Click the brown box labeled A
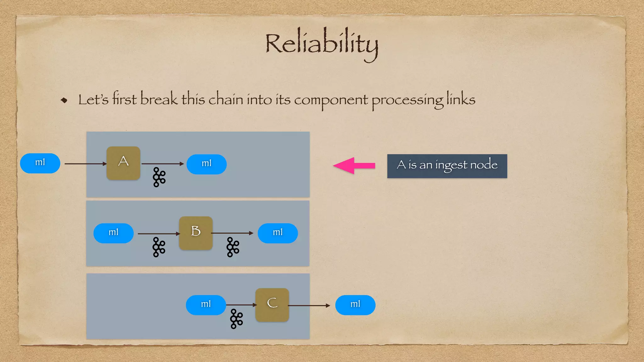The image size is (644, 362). coord(123,163)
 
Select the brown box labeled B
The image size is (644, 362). coord(196,233)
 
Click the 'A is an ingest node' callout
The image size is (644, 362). coord(447,166)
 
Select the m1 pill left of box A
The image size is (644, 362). coord(40,163)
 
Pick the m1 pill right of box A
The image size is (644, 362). coord(206,164)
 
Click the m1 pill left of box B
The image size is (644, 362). coord(113,233)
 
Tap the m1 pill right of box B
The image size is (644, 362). coord(277,233)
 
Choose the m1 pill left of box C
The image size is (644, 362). coord(206,305)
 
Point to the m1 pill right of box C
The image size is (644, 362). coord(355,305)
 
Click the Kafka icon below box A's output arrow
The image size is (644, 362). coord(159,177)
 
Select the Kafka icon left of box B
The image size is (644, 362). coord(159,247)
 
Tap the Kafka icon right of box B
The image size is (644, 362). coord(233,247)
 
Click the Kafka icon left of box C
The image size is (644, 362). coord(236,319)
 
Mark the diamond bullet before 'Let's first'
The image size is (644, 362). coord(64,100)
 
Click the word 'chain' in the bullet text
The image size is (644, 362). coord(226,99)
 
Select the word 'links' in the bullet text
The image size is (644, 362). coord(461,99)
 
